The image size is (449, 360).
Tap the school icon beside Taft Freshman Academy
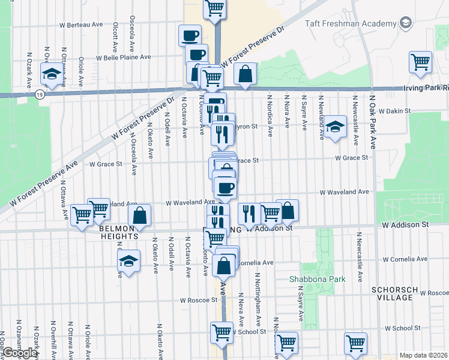pyautogui.click(x=406, y=23)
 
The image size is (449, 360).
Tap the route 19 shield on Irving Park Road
pyautogui.click(x=39, y=94)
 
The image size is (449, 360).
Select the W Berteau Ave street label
pyautogui.click(x=82, y=25)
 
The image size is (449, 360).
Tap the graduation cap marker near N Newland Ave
pyautogui.click(x=336, y=126)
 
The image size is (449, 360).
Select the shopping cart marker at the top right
pyautogui.click(x=420, y=62)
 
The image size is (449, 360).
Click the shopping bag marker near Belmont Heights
pyautogui.click(x=139, y=215)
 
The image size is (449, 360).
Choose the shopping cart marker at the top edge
pyautogui.click(x=214, y=8)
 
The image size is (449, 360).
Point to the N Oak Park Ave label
pyautogui.click(x=373, y=123)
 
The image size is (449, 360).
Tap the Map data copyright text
pyautogui.click(x=424, y=355)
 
